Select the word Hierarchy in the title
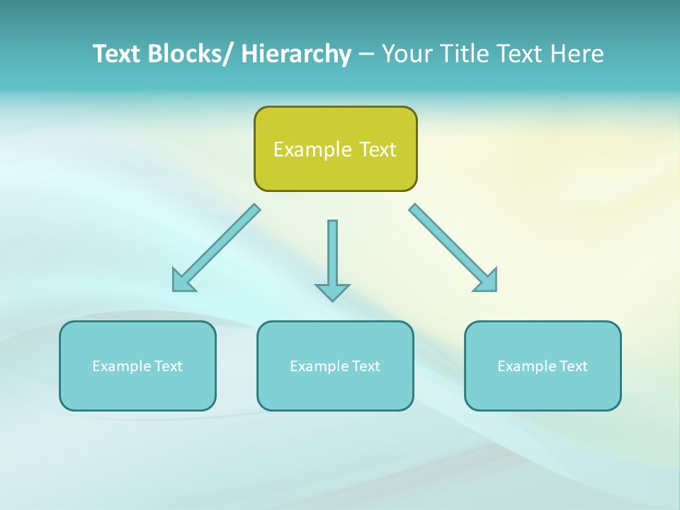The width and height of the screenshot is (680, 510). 296,54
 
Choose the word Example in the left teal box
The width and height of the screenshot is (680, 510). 121,366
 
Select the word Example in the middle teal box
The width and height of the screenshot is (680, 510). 319,366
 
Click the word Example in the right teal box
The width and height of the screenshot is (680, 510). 526,366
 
